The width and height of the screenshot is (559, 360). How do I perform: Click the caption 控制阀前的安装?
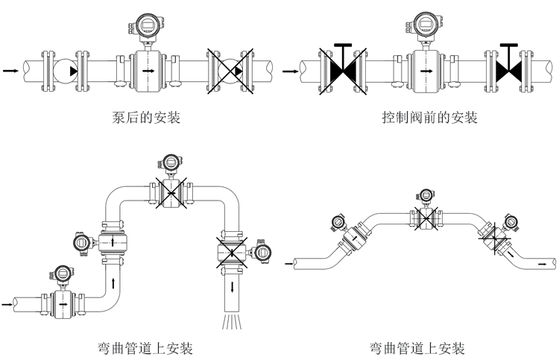pyautogui.click(x=429, y=117)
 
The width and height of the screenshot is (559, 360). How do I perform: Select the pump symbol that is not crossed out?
pyautogui.click(x=68, y=70)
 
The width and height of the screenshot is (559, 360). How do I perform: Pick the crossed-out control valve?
pyautogui.click(x=344, y=71)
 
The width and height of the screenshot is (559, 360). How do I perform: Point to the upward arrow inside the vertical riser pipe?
pyautogui.click(x=113, y=282)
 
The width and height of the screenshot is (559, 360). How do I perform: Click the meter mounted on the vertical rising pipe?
pyautogui.click(x=113, y=243)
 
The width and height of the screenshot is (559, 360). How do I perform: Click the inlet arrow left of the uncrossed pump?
pyautogui.click(x=10, y=71)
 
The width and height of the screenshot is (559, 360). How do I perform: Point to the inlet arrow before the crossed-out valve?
pyautogui.click(x=290, y=71)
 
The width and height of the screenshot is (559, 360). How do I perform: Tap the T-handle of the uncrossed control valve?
pyautogui.click(x=509, y=46)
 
